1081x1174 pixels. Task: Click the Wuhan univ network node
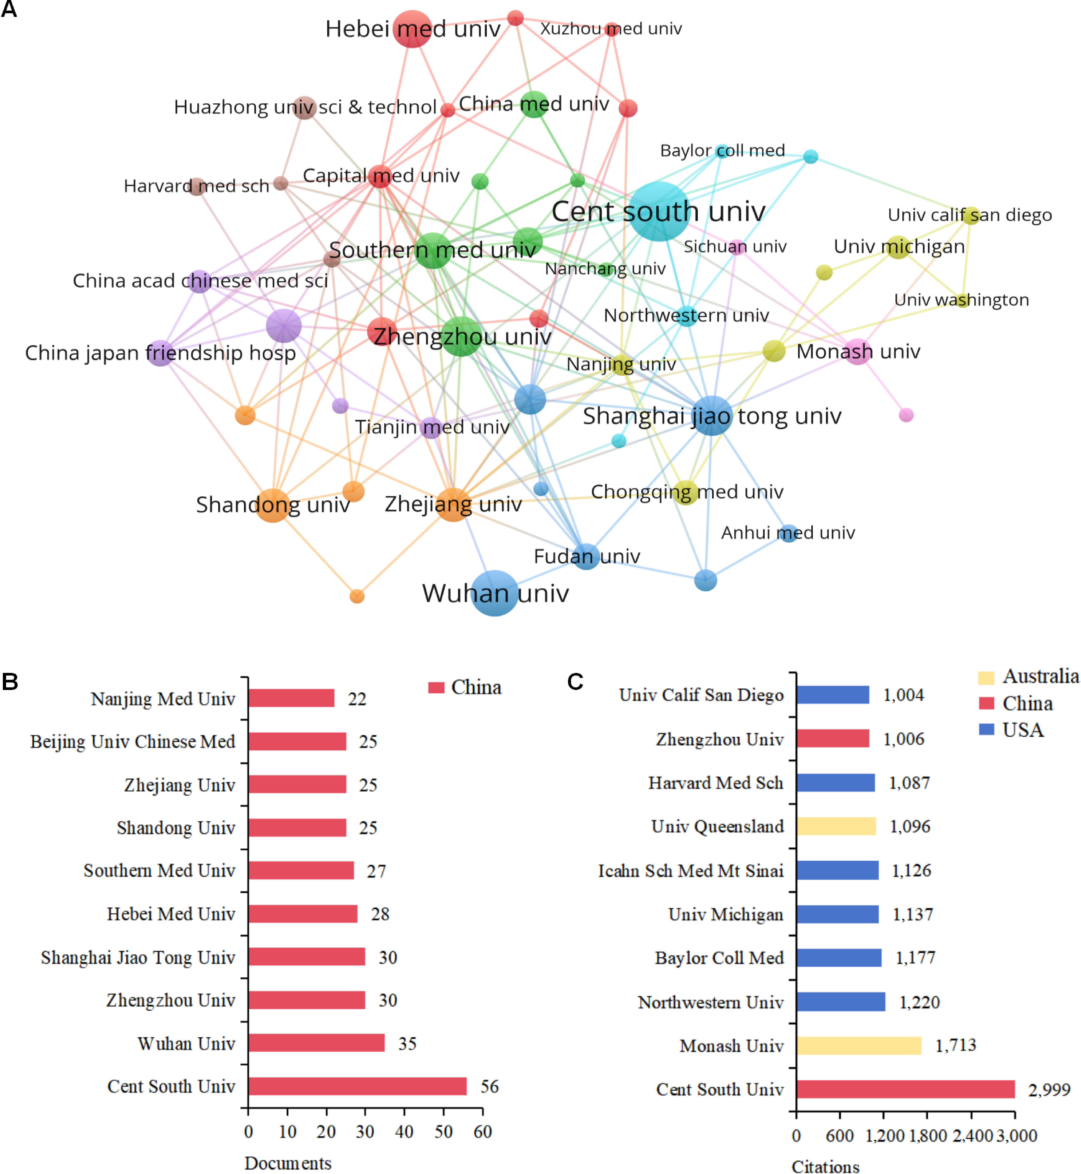point(495,593)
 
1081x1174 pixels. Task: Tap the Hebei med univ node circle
point(413,29)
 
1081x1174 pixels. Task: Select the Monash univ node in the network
point(858,352)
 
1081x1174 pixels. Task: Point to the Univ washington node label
point(961,299)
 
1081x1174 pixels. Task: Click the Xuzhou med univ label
point(611,29)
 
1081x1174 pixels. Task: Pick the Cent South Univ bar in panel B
point(357,1086)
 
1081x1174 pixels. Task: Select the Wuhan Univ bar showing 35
point(316,1043)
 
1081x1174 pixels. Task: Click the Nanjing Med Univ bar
point(291,698)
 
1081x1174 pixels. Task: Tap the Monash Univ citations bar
point(859,1045)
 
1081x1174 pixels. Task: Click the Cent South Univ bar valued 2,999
point(906,1089)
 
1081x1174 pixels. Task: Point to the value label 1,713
point(956,1045)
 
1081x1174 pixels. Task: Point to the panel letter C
point(576,681)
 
